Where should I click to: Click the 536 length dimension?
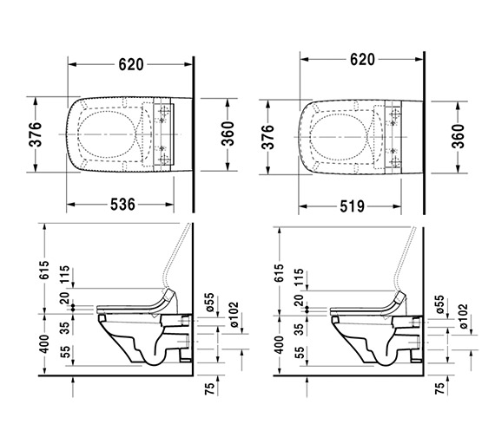click(x=122, y=205)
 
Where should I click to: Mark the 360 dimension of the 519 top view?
click(x=459, y=136)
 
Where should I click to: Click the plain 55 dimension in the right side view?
click(x=300, y=353)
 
